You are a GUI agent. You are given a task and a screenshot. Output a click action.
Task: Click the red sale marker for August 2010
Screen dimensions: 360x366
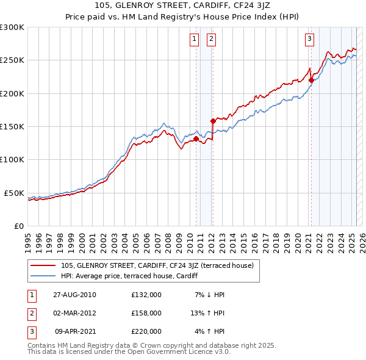pyautogui.click(x=196, y=139)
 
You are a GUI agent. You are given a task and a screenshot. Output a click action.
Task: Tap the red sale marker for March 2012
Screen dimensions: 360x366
pyautogui.click(x=213, y=121)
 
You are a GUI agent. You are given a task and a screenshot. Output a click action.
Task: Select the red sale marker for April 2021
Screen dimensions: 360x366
pyautogui.click(x=311, y=80)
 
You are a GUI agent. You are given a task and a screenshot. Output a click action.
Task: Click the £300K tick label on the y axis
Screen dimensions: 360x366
pyautogui.click(x=12, y=27)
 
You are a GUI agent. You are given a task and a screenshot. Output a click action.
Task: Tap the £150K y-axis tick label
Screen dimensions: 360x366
pyautogui.click(x=12, y=127)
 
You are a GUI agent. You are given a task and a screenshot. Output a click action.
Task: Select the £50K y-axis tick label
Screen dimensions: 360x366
pyautogui.click(x=14, y=193)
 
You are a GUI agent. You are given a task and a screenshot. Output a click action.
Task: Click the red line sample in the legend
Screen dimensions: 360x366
pyautogui.click(x=43, y=265)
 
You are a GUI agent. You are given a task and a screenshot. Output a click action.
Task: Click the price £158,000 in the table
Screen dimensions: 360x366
pyautogui.click(x=146, y=313)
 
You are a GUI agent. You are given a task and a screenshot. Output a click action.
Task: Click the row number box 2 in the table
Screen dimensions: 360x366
pyautogui.click(x=30, y=313)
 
